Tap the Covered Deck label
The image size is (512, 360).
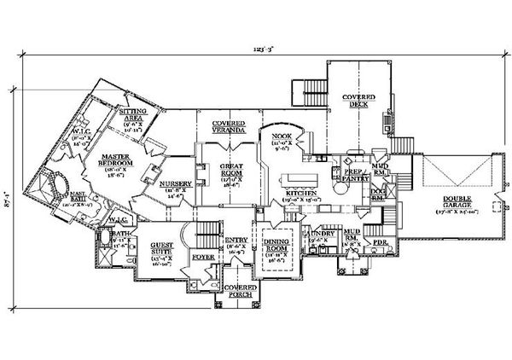tap(359, 101)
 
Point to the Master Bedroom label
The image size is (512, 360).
tap(113, 162)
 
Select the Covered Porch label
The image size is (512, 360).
tap(241, 292)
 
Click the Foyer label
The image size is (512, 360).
tap(202, 256)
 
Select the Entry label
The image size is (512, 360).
tap(236, 241)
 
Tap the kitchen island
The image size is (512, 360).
tap(300, 181)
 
